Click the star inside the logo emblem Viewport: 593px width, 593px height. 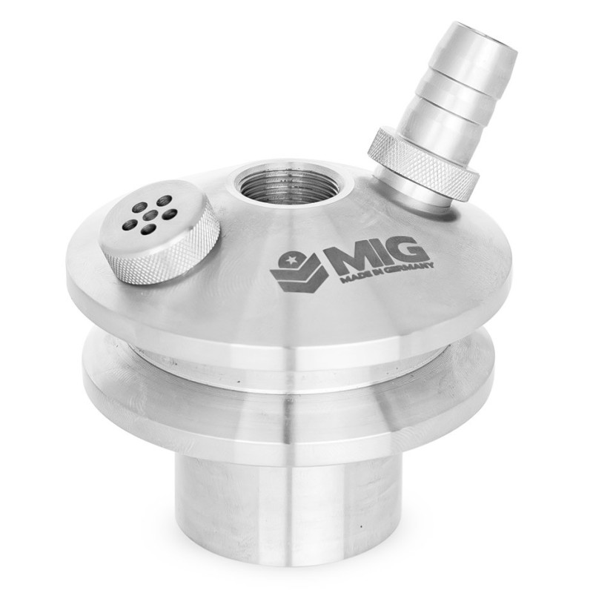pos(292,259)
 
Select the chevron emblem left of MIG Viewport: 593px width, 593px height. pos(296,271)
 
